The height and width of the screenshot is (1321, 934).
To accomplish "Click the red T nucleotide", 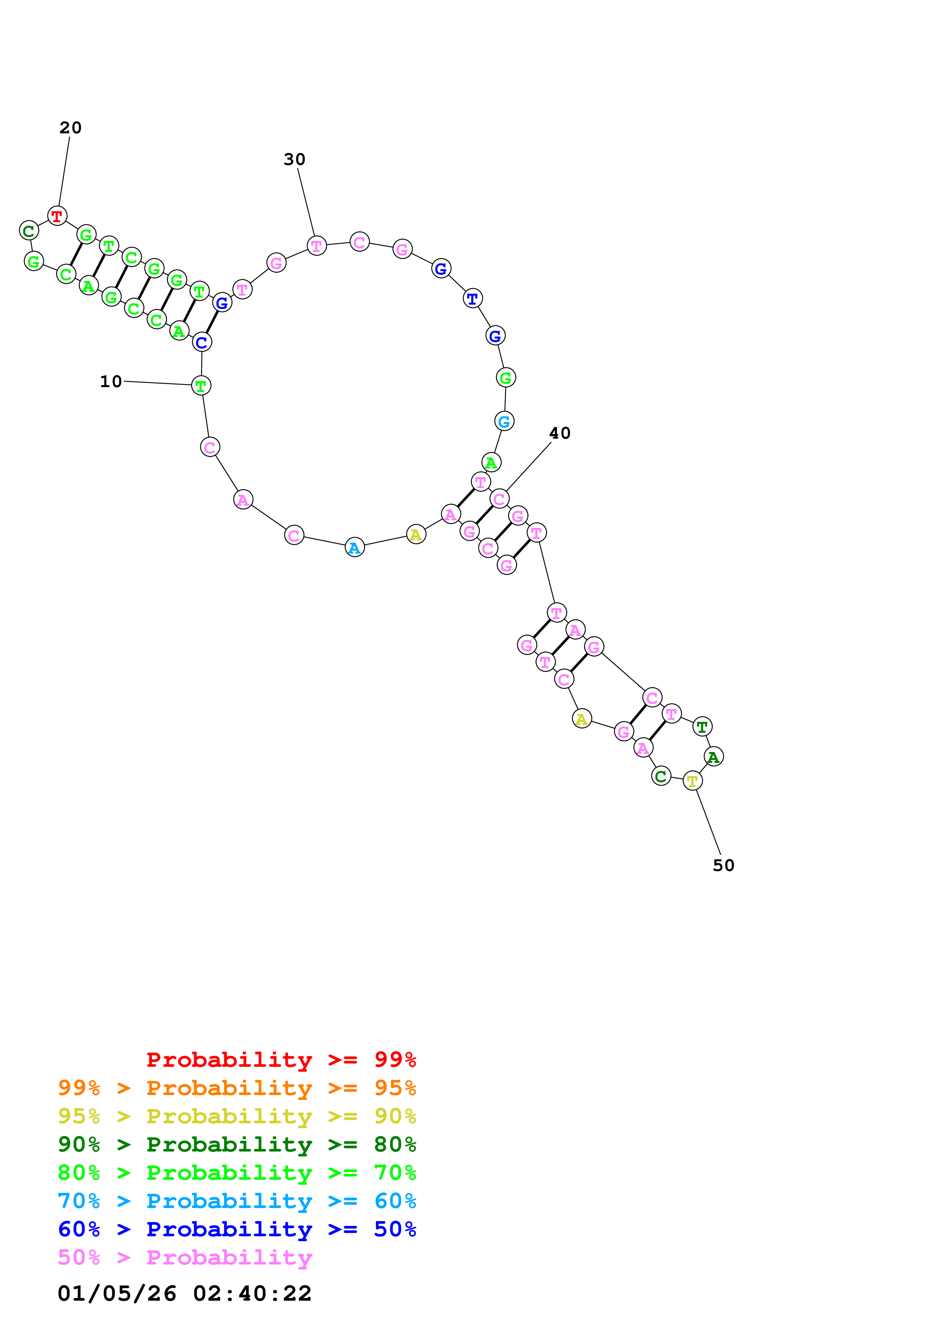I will tap(57, 216).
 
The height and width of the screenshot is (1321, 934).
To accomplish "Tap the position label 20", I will tap(70, 128).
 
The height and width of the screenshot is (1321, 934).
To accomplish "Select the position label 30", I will tap(294, 159).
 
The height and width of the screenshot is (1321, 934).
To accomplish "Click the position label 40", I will tap(559, 433).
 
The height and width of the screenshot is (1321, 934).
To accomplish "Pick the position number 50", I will tap(723, 865).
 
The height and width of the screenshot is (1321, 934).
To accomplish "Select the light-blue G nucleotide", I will tap(504, 421).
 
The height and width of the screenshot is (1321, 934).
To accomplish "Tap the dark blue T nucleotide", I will tap(472, 299).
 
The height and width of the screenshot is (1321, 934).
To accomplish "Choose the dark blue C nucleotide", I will tap(202, 342).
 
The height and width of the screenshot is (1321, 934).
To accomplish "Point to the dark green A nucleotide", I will tap(714, 757).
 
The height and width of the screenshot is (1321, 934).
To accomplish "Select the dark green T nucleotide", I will tap(702, 727).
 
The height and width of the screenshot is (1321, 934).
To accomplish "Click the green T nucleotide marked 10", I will tap(201, 386).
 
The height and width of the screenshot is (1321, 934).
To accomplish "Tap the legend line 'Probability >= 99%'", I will tap(281, 1060).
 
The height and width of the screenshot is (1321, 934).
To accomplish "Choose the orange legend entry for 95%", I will tap(237, 1088).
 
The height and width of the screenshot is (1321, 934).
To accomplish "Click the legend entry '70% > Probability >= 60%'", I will tap(237, 1201).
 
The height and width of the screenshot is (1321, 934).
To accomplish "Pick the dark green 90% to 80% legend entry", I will tap(237, 1144).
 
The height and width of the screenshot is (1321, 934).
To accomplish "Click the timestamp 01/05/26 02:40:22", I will tap(184, 1294).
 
